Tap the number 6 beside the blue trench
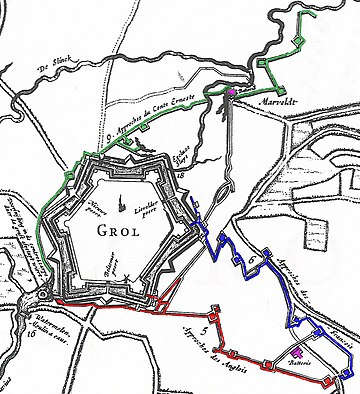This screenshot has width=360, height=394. (x=250, y=261)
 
